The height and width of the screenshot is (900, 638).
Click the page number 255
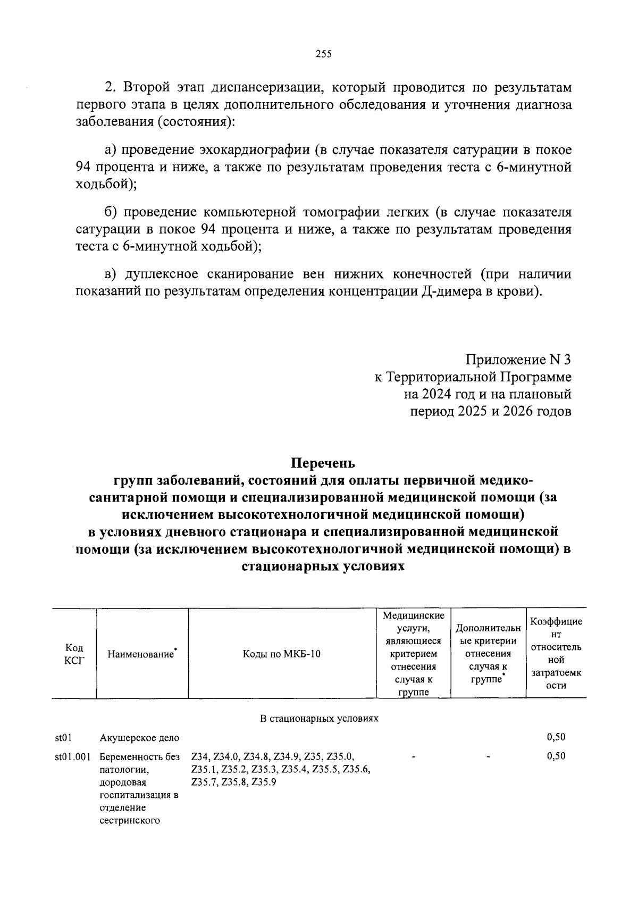pos(323,54)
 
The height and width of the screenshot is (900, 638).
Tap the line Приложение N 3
pos(518,360)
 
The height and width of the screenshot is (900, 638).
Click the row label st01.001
pos(72,756)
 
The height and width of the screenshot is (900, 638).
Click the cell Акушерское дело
pos(139,738)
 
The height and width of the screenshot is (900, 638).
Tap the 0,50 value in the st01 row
pos(556,737)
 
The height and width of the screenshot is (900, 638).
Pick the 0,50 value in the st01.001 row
pos(556,756)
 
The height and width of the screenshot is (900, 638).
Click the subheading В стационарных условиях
pos(319,719)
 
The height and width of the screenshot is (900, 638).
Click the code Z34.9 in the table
pos(284,756)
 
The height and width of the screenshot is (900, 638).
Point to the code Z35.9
pos(264,782)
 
